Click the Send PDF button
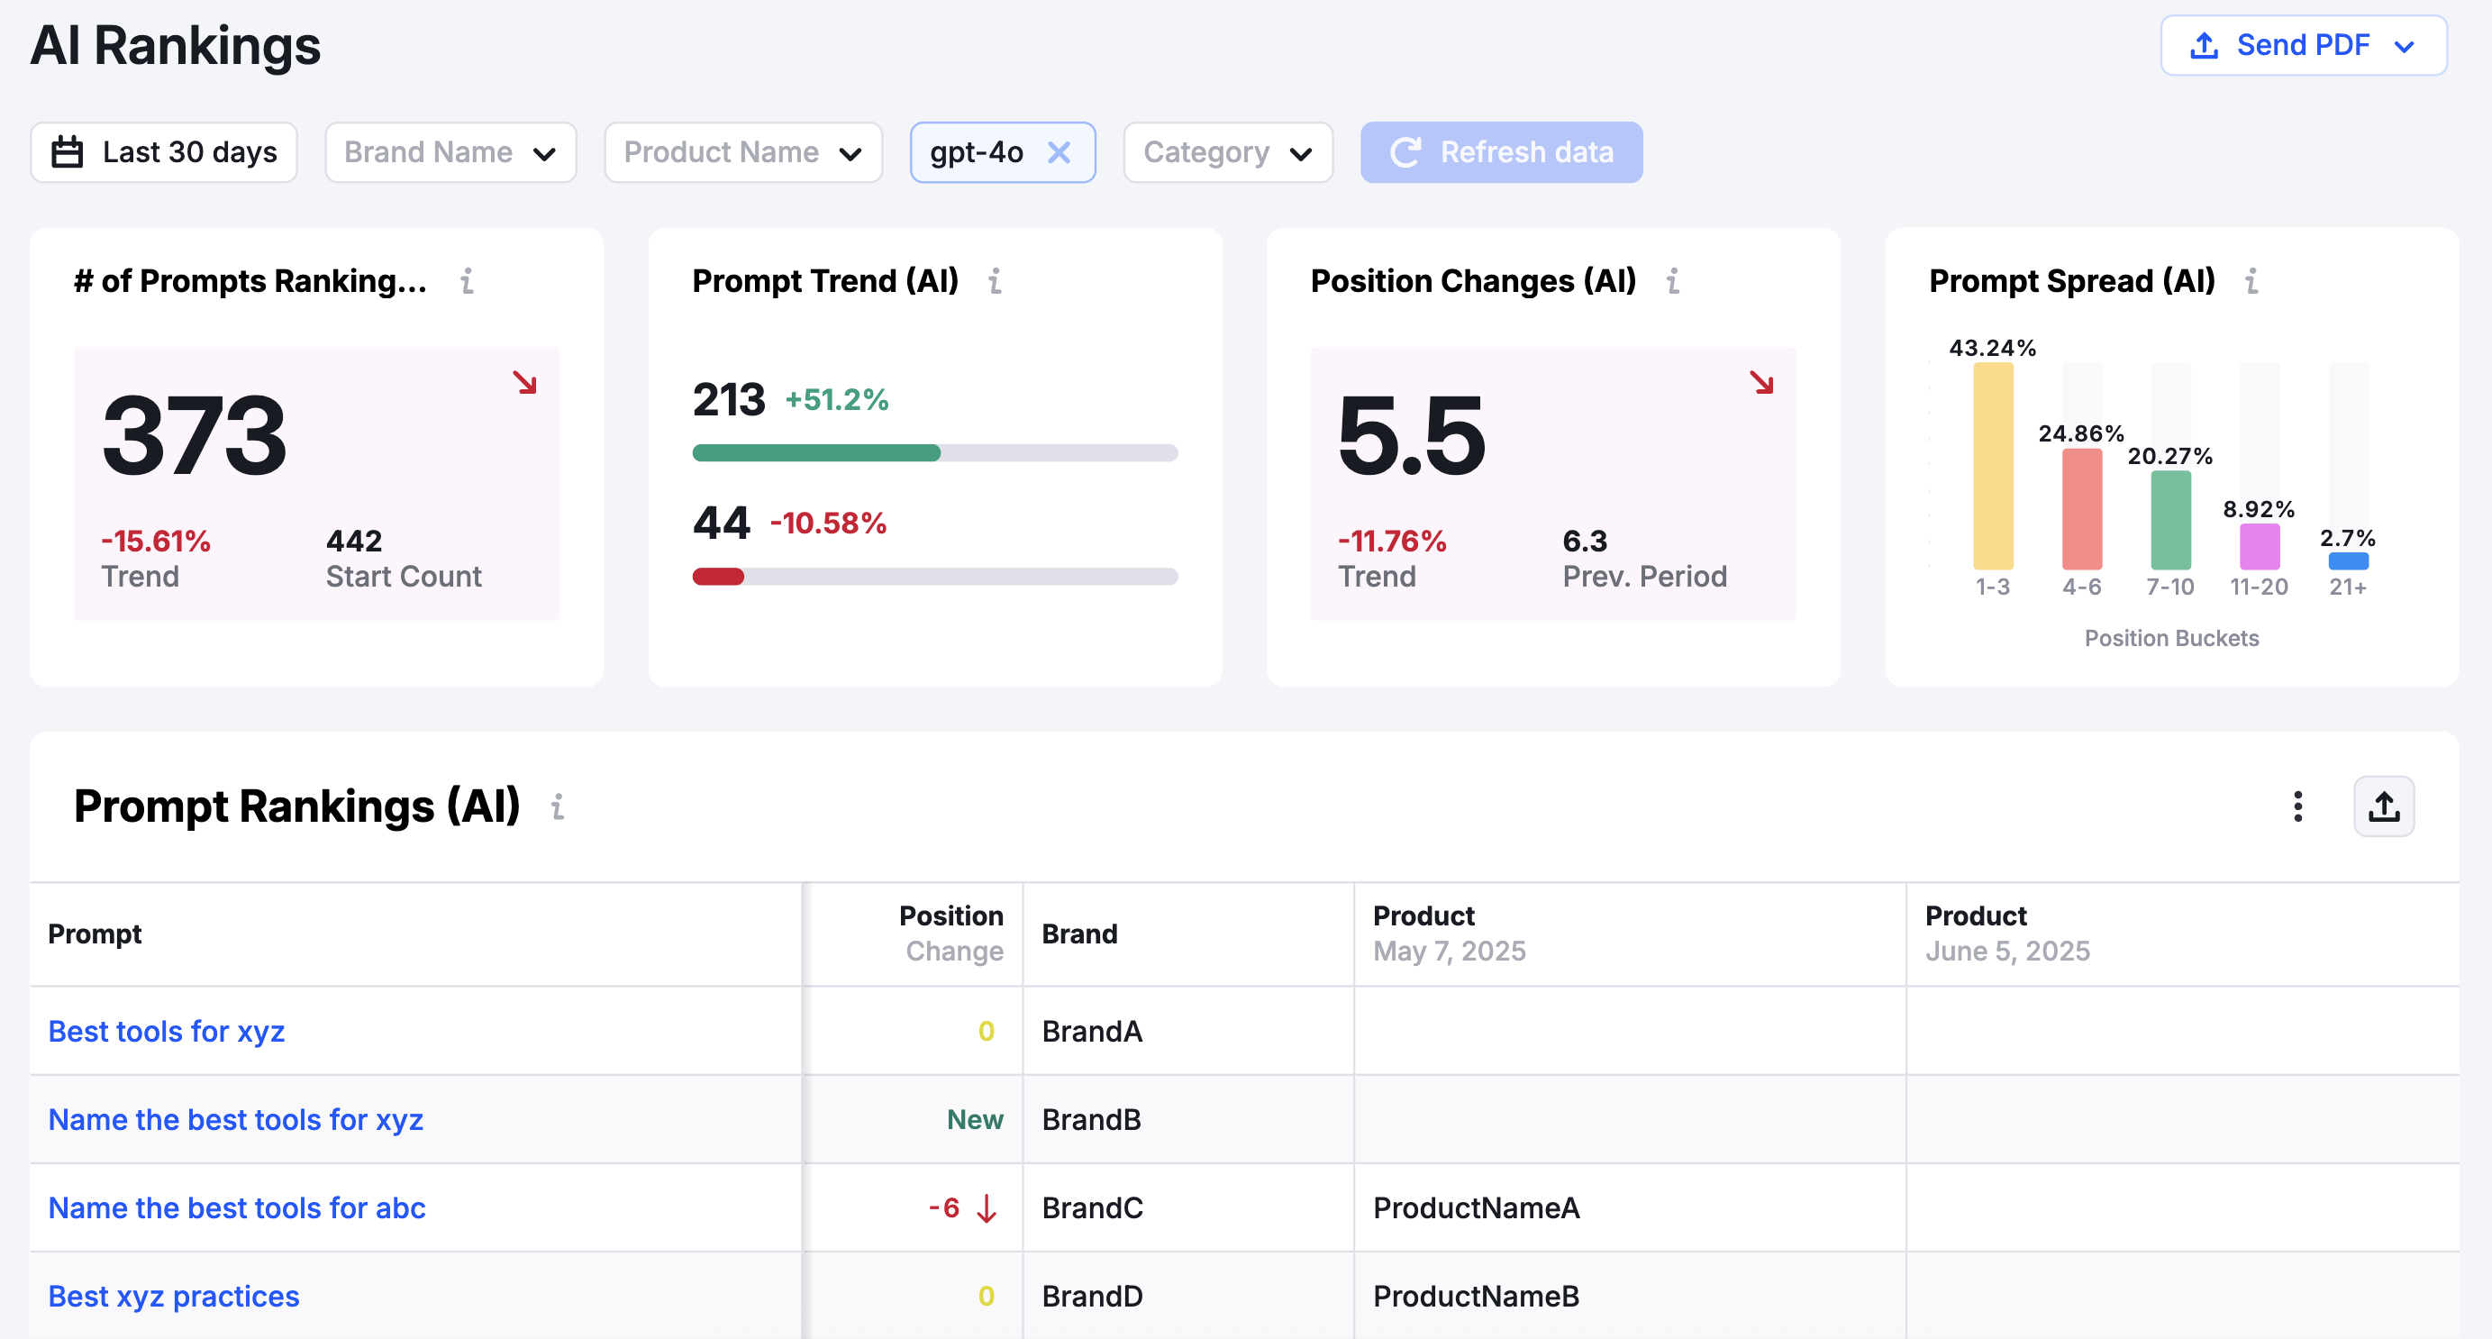click(x=2303, y=45)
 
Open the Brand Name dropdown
click(x=450, y=152)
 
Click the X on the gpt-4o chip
click(x=1060, y=152)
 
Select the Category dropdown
click(x=1227, y=152)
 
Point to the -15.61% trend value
click(x=156, y=541)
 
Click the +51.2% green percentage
click(x=836, y=399)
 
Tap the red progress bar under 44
click(x=718, y=577)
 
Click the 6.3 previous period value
click(x=1585, y=541)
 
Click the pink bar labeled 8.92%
click(x=2259, y=547)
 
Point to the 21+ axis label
click(x=2348, y=588)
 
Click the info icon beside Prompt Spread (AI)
click(x=2252, y=281)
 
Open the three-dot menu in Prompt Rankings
click(x=2297, y=806)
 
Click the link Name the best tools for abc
click(x=237, y=1207)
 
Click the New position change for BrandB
click(x=974, y=1119)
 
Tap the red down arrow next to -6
click(x=987, y=1207)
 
